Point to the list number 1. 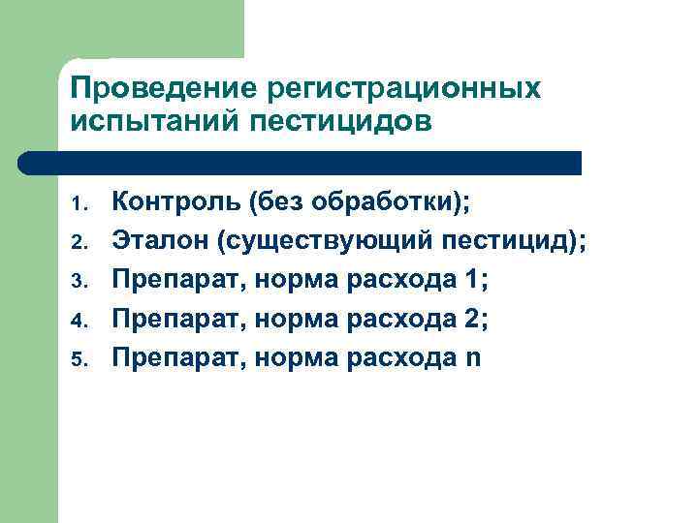[x=79, y=205]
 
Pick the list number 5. [x=79, y=359]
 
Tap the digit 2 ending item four [x=471, y=319]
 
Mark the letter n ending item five [x=473, y=357]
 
